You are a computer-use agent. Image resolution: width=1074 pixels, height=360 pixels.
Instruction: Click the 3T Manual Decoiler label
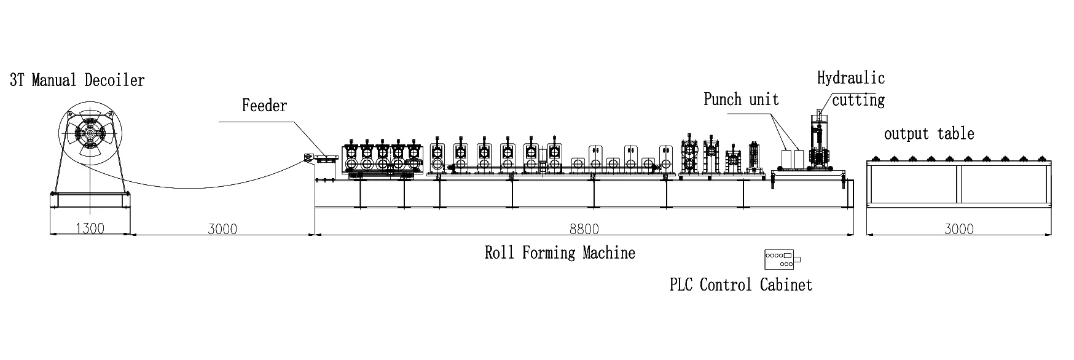pyautogui.click(x=77, y=80)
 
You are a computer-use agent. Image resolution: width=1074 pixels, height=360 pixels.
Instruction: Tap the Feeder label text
pyautogui.click(x=264, y=106)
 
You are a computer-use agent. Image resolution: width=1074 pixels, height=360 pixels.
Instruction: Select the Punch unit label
pyautogui.click(x=741, y=100)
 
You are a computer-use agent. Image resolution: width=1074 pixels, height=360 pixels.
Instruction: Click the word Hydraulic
pyautogui.click(x=851, y=78)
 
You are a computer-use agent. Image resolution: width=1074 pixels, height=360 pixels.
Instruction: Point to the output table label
pyautogui.click(x=929, y=133)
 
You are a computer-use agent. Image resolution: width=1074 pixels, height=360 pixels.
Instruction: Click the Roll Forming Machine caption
pyautogui.click(x=560, y=252)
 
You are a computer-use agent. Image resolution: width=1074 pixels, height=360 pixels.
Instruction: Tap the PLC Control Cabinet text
pyautogui.click(x=741, y=284)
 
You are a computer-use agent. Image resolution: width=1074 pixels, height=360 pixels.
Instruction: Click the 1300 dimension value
pyautogui.click(x=90, y=229)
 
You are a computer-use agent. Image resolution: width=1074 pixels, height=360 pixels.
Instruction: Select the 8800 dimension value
pyautogui.click(x=584, y=229)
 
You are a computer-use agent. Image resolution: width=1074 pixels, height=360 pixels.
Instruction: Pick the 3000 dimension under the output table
pyautogui.click(x=958, y=229)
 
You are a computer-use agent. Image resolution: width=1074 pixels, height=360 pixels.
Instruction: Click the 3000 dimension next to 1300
pyautogui.click(x=222, y=229)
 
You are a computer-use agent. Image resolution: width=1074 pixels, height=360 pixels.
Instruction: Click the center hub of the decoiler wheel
pyautogui.click(x=90, y=133)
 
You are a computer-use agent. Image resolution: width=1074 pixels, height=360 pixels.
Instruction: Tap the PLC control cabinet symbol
pyautogui.click(x=782, y=259)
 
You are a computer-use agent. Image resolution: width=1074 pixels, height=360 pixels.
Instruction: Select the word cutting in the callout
pyautogui.click(x=858, y=100)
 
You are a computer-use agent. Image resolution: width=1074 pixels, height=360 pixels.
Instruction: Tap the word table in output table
pyautogui.click(x=956, y=133)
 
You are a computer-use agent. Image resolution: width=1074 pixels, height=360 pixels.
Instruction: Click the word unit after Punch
pyautogui.click(x=764, y=100)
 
